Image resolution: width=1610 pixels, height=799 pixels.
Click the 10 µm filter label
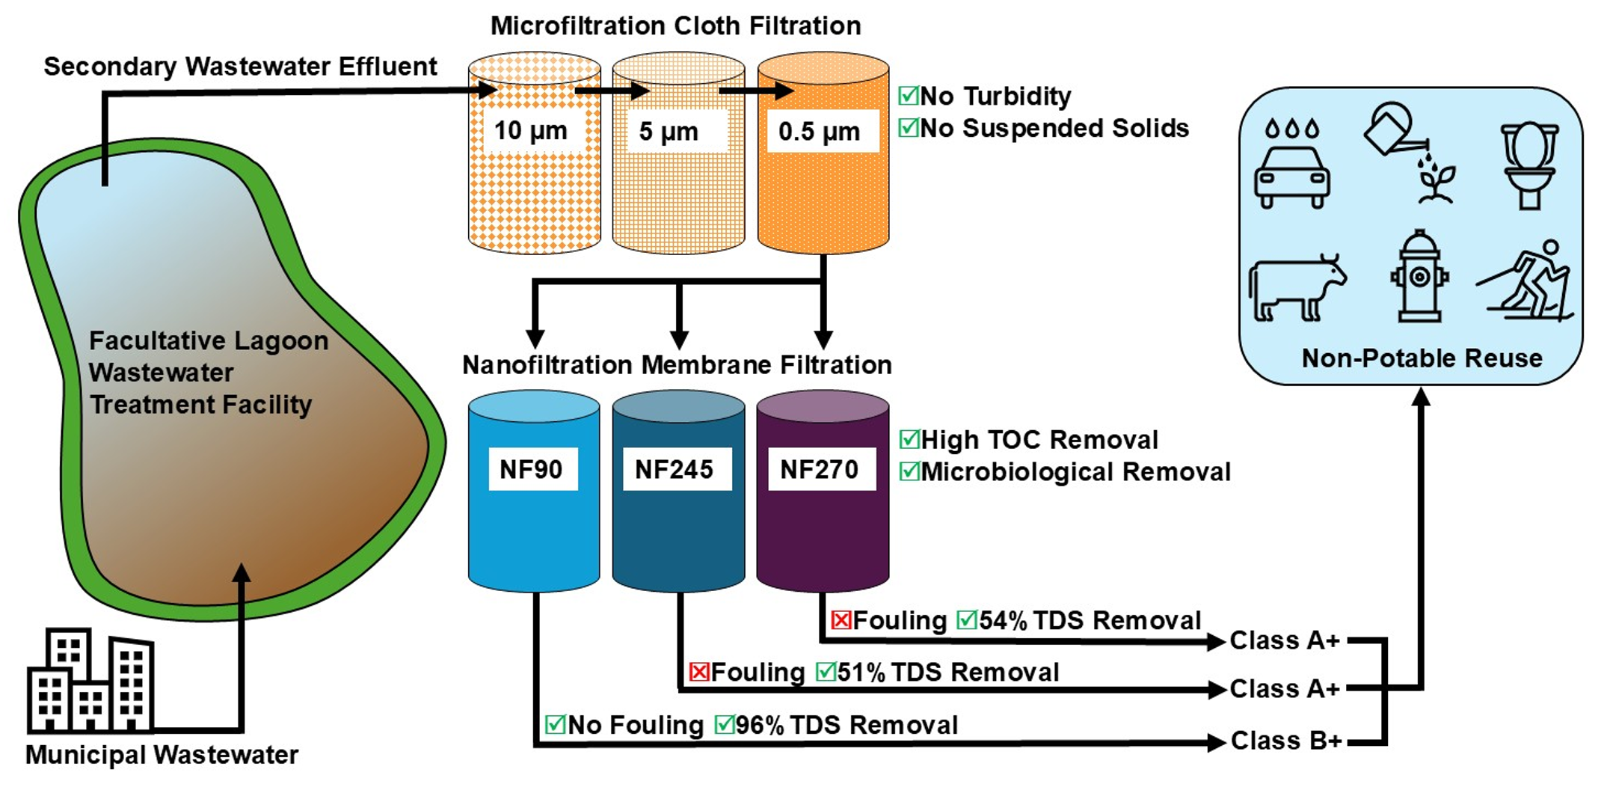point(531,131)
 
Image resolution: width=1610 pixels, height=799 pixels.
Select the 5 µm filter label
point(669,132)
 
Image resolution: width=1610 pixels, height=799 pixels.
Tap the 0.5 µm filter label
point(820,132)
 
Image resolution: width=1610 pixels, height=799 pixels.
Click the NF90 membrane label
point(532,469)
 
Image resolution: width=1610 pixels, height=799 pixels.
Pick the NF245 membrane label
point(675,469)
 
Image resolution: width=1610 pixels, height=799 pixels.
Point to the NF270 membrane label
point(820,469)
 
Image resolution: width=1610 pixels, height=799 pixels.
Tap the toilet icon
point(1529,165)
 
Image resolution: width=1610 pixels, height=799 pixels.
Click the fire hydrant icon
point(1419,277)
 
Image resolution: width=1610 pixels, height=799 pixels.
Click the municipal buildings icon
point(90,680)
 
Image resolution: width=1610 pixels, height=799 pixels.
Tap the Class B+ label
point(1286,741)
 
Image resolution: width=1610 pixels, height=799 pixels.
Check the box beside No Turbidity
point(909,96)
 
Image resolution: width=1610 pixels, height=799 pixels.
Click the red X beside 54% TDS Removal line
point(841,619)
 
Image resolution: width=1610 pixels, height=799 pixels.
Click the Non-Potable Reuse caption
point(1422,358)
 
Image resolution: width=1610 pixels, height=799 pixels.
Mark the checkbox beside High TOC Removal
point(909,439)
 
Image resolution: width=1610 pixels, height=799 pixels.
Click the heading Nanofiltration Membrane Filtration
point(677,365)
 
